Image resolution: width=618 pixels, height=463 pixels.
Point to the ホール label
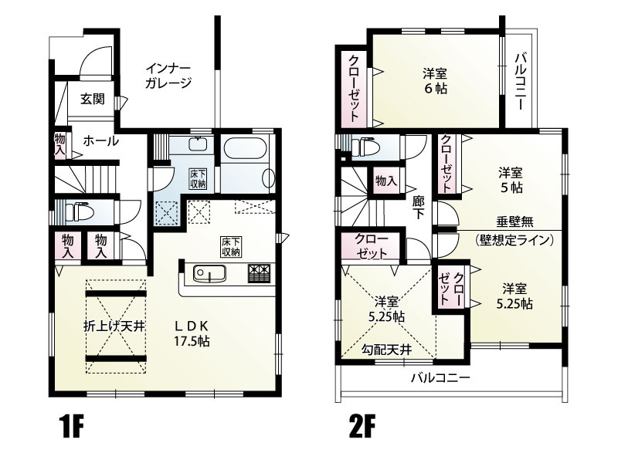point(100,141)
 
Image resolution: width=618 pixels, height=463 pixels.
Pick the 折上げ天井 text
point(114,326)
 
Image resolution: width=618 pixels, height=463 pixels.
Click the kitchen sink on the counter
point(207,273)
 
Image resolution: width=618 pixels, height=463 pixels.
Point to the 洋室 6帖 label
point(435,81)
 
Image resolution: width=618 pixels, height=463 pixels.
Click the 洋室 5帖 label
point(510,178)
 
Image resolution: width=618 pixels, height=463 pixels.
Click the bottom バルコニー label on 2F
point(440,378)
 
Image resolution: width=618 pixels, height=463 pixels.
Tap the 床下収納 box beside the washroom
point(198,179)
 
